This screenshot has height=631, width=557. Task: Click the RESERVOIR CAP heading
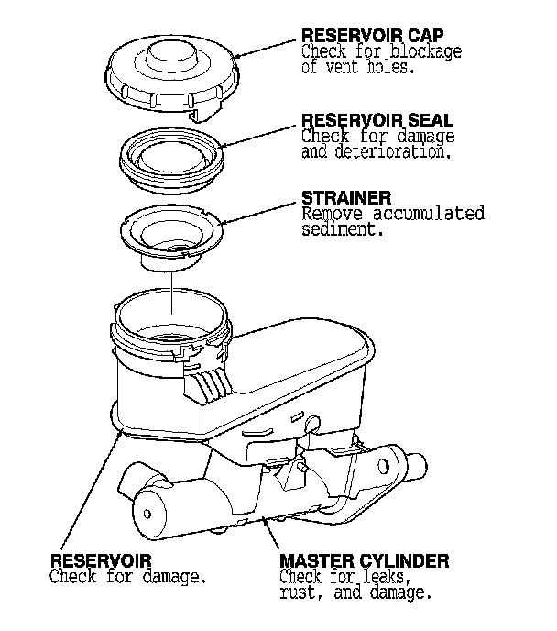click(360, 36)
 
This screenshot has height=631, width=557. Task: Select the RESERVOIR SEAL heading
click(364, 121)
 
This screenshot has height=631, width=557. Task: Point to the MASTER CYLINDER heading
click(364, 559)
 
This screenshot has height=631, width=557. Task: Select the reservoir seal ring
click(172, 155)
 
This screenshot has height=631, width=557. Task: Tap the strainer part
click(172, 237)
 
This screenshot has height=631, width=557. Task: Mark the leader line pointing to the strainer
click(261, 210)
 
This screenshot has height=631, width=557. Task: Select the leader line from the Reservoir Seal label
click(261, 134)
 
